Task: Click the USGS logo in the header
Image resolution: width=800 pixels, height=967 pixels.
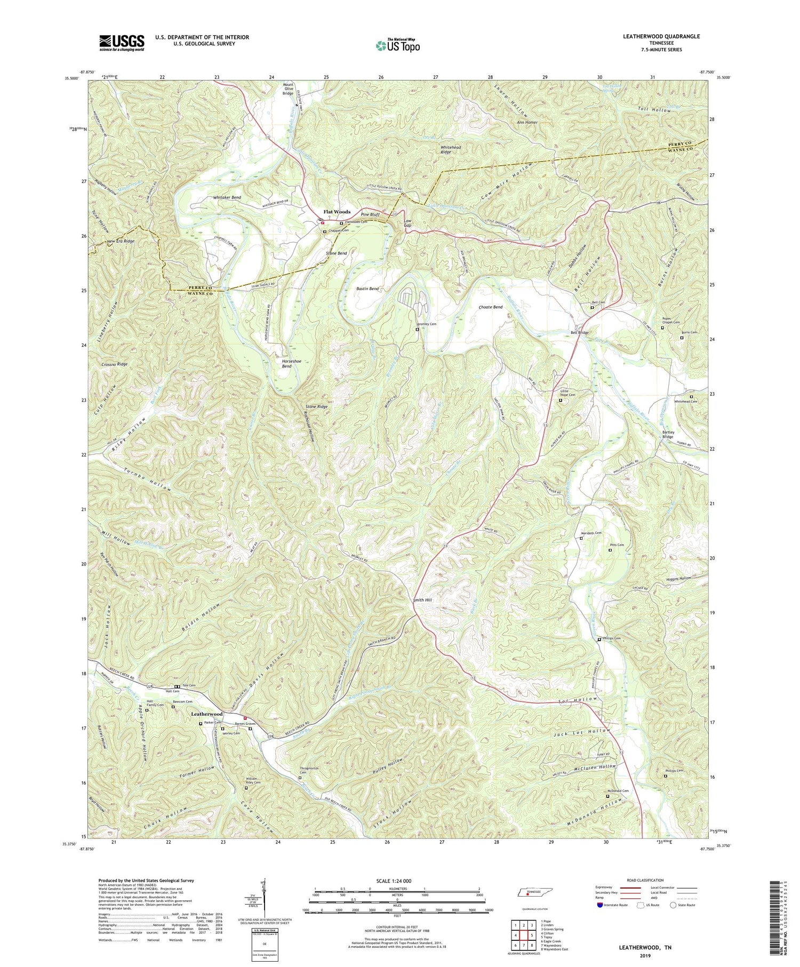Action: [122, 43]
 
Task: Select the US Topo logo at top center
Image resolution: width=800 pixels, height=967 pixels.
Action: [398, 45]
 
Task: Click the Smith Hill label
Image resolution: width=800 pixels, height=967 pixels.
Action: [422, 600]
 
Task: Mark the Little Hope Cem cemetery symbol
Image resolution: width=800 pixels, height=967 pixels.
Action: [560, 400]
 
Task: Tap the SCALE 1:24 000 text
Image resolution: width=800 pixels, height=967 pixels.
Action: [397, 881]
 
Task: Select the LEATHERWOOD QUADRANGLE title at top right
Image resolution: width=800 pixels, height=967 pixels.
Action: [661, 36]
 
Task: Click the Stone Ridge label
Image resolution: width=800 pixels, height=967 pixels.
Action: [316, 406]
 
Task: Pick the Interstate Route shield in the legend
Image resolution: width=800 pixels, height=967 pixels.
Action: [600, 905]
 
